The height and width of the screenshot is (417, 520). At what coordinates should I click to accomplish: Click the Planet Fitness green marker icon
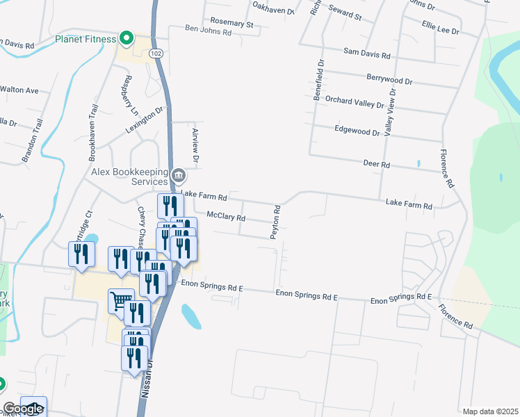tap(126, 38)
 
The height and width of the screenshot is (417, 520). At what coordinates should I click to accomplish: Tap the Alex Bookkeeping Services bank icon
tap(179, 174)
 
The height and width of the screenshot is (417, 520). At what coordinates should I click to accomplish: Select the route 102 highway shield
tap(156, 54)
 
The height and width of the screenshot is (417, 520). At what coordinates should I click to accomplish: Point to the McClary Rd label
tap(227, 218)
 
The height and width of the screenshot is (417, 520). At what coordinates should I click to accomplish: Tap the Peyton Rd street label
tap(276, 222)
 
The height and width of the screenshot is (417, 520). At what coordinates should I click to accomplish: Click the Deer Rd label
tap(377, 165)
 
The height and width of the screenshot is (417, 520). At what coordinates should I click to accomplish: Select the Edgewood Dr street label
tap(357, 131)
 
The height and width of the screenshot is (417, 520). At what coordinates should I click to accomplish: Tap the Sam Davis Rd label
tap(367, 54)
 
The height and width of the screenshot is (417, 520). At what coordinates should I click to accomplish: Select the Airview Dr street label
tap(195, 146)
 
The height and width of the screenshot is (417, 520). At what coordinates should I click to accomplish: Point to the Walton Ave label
tap(19, 90)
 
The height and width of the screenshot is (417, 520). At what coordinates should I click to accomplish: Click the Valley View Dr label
tap(391, 111)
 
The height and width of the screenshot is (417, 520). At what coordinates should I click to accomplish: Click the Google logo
tap(23, 409)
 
